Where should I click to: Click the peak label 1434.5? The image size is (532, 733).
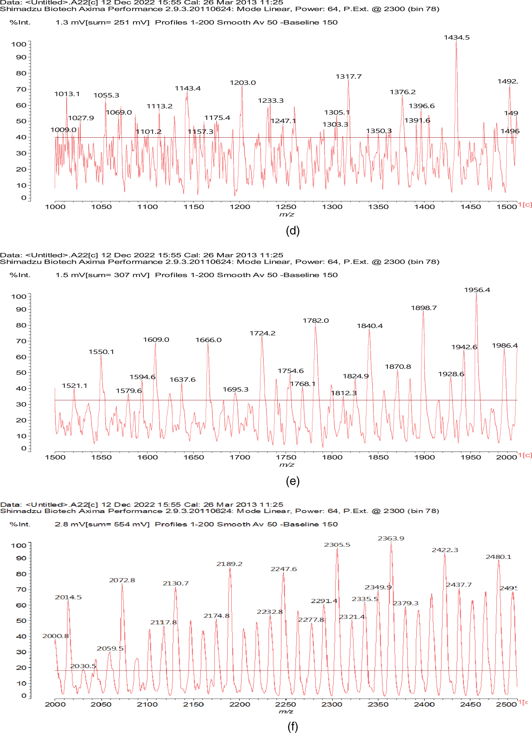click(456, 38)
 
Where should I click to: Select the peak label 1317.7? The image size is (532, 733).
click(348, 76)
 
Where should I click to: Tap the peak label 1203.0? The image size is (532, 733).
click(243, 83)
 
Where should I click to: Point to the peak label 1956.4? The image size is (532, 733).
click(477, 290)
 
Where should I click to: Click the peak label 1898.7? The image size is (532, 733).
click(423, 308)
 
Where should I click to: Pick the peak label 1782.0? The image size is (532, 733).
click(315, 321)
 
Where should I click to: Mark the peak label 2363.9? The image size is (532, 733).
click(391, 538)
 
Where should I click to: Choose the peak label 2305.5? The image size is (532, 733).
click(337, 545)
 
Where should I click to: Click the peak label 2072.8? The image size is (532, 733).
click(122, 580)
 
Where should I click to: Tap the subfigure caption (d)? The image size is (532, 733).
click(293, 231)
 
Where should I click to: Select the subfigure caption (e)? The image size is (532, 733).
click(293, 481)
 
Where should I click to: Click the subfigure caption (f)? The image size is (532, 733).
click(293, 726)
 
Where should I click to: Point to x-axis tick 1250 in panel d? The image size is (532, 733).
click(286, 207)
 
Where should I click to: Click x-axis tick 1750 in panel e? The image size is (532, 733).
click(286, 457)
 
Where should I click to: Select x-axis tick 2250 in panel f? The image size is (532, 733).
click(285, 705)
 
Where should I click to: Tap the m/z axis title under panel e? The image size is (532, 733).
click(287, 465)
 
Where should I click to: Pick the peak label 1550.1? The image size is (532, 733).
click(101, 352)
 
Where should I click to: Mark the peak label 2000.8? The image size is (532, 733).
click(56, 636)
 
